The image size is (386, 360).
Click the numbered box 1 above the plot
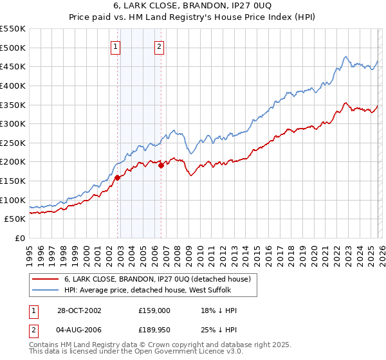click(115, 46)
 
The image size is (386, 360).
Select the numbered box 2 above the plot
click(158, 46)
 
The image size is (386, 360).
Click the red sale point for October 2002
click(118, 177)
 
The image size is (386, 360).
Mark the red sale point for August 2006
click(161, 165)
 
